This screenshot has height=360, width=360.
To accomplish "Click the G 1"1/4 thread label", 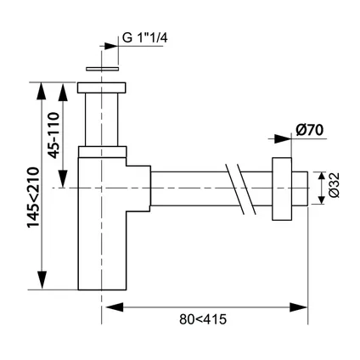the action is (x=144, y=37).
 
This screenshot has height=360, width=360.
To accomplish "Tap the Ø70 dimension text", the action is (x=309, y=131).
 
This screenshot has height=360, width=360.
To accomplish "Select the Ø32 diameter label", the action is (x=335, y=185).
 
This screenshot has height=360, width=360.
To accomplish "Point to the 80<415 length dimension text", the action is (x=203, y=319).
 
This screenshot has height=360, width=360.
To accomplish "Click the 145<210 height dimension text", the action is (x=33, y=198).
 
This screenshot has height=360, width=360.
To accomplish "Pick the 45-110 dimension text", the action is (x=53, y=135).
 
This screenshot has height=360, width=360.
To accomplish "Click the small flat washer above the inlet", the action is (x=102, y=69).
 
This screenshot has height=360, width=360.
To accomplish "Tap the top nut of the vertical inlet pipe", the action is (x=102, y=87).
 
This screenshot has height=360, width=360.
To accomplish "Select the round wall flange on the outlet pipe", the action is (x=282, y=188).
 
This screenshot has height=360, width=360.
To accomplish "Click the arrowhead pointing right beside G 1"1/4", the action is (x=111, y=46).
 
